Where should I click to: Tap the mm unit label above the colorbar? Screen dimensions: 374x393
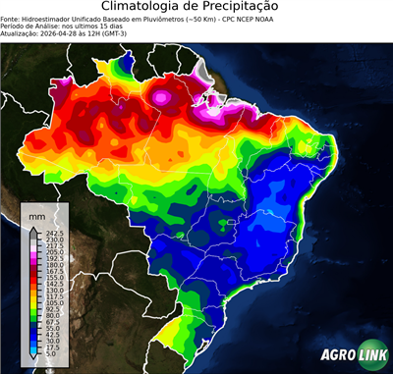coord(37,213)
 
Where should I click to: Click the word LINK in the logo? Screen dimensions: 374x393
coord(365,351)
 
